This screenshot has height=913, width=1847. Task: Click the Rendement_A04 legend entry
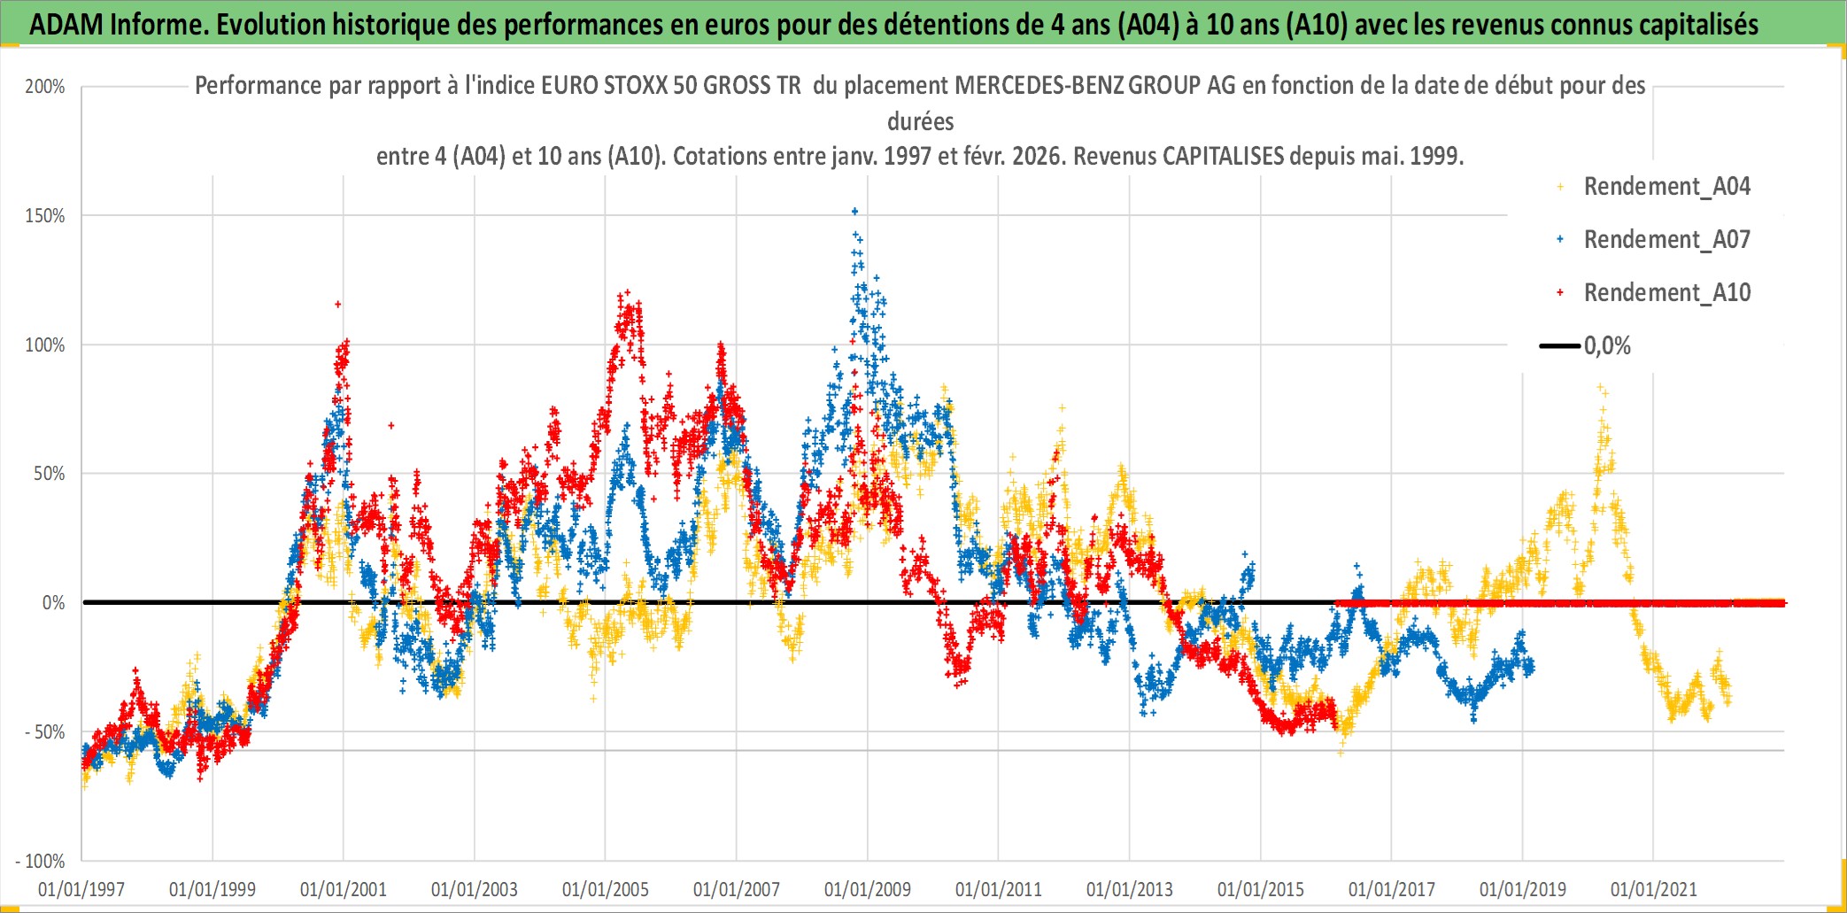[1666, 187]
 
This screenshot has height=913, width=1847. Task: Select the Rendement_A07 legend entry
[1666, 240]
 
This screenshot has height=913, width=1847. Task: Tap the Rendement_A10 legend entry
[1666, 293]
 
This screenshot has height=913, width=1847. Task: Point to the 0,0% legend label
[1607, 346]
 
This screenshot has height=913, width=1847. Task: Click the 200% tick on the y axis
[45, 87]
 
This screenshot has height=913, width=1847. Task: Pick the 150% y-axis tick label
[45, 216]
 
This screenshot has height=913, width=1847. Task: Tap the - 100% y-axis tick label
[41, 861]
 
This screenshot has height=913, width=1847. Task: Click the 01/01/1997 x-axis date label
[81, 889]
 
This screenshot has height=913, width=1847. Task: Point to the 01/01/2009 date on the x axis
[868, 889]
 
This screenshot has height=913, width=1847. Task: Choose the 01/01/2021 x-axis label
[1653, 889]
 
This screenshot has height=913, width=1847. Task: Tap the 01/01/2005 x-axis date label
[606, 889]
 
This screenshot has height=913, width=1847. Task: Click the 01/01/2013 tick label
[1130, 889]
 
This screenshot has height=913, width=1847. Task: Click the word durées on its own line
[921, 121]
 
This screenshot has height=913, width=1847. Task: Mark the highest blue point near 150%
[854, 211]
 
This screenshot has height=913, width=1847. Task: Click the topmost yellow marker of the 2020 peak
[1600, 387]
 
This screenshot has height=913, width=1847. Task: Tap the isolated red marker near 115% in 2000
[337, 305]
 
